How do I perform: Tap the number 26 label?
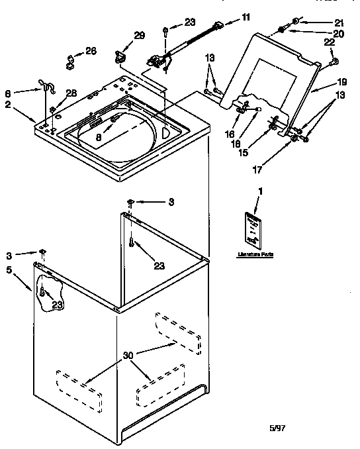click(91, 50)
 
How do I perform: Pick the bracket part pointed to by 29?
click(120, 56)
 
